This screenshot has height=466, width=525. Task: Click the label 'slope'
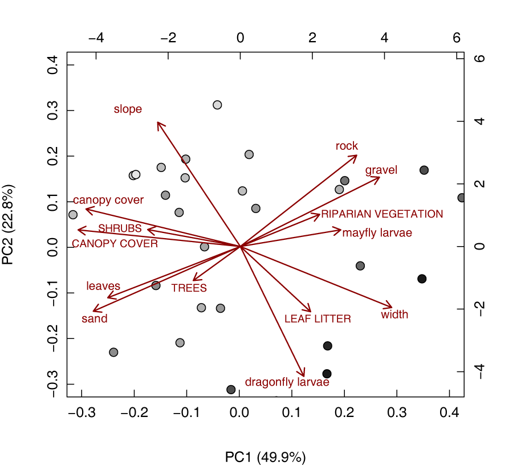point(128,109)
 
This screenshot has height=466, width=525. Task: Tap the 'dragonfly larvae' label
point(287,382)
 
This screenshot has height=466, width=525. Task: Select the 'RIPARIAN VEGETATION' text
point(382,214)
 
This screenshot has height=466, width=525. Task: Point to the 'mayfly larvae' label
point(377,233)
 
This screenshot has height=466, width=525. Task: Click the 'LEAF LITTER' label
point(318,319)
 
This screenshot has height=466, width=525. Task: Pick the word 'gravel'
point(381,170)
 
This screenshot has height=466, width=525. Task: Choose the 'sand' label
point(95,319)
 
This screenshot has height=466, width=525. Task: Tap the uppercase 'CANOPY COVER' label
point(115,244)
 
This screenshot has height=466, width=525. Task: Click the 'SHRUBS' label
point(120,228)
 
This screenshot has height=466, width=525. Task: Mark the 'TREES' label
point(189,288)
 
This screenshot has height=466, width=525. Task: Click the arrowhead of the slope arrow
point(158,122)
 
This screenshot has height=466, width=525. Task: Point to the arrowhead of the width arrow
point(392,306)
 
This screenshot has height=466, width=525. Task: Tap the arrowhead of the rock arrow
point(356,156)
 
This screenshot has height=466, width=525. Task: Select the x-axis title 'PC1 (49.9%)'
point(266,457)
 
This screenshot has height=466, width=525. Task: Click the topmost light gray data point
point(217,105)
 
